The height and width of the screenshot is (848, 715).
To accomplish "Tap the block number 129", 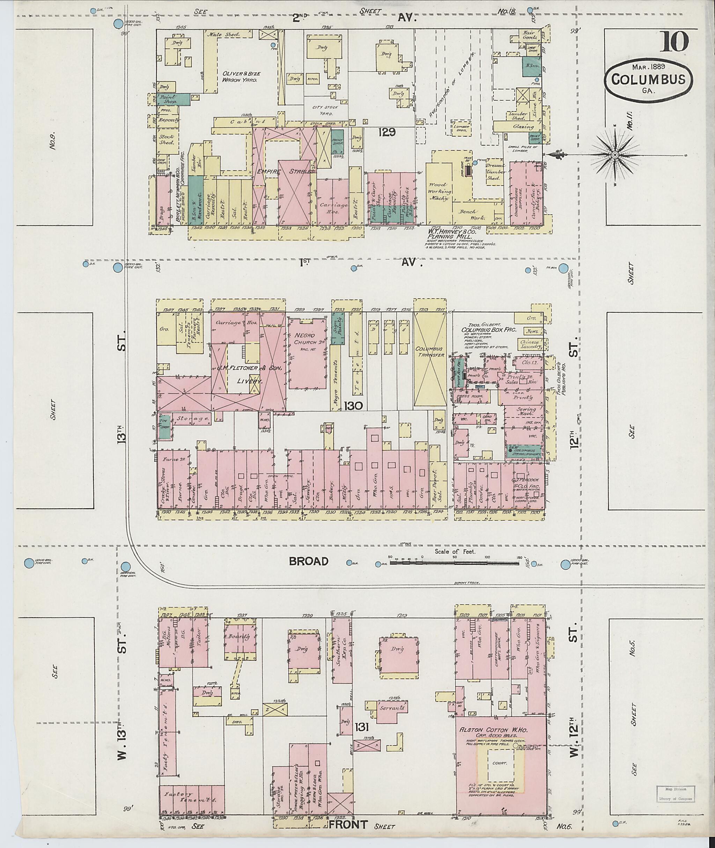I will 387,132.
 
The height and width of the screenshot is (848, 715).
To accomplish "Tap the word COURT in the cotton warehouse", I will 500,763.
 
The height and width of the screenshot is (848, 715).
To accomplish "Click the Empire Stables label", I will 286,172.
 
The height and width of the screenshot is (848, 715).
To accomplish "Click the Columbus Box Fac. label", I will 488,330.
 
